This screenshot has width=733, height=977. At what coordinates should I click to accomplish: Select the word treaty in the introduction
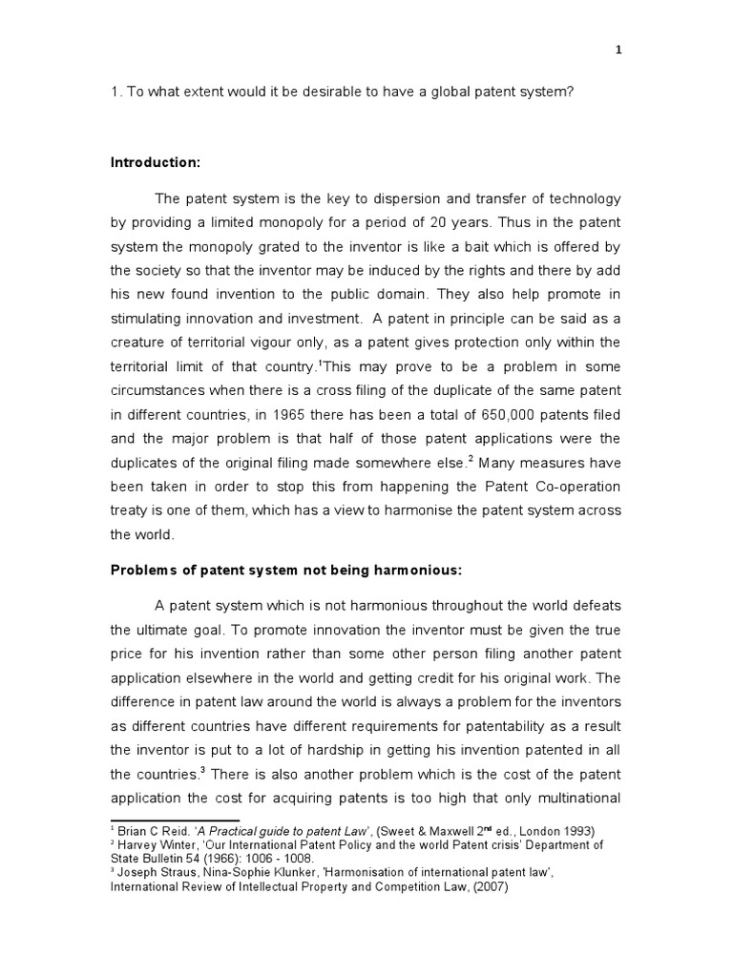click(132, 511)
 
